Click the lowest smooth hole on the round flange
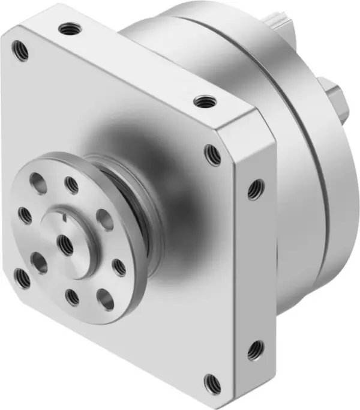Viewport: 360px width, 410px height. (x=106, y=298)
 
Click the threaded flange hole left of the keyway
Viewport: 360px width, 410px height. (x=25, y=214)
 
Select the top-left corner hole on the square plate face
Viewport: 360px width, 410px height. (x=22, y=51)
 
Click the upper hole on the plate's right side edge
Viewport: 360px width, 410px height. (x=256, y=190)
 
